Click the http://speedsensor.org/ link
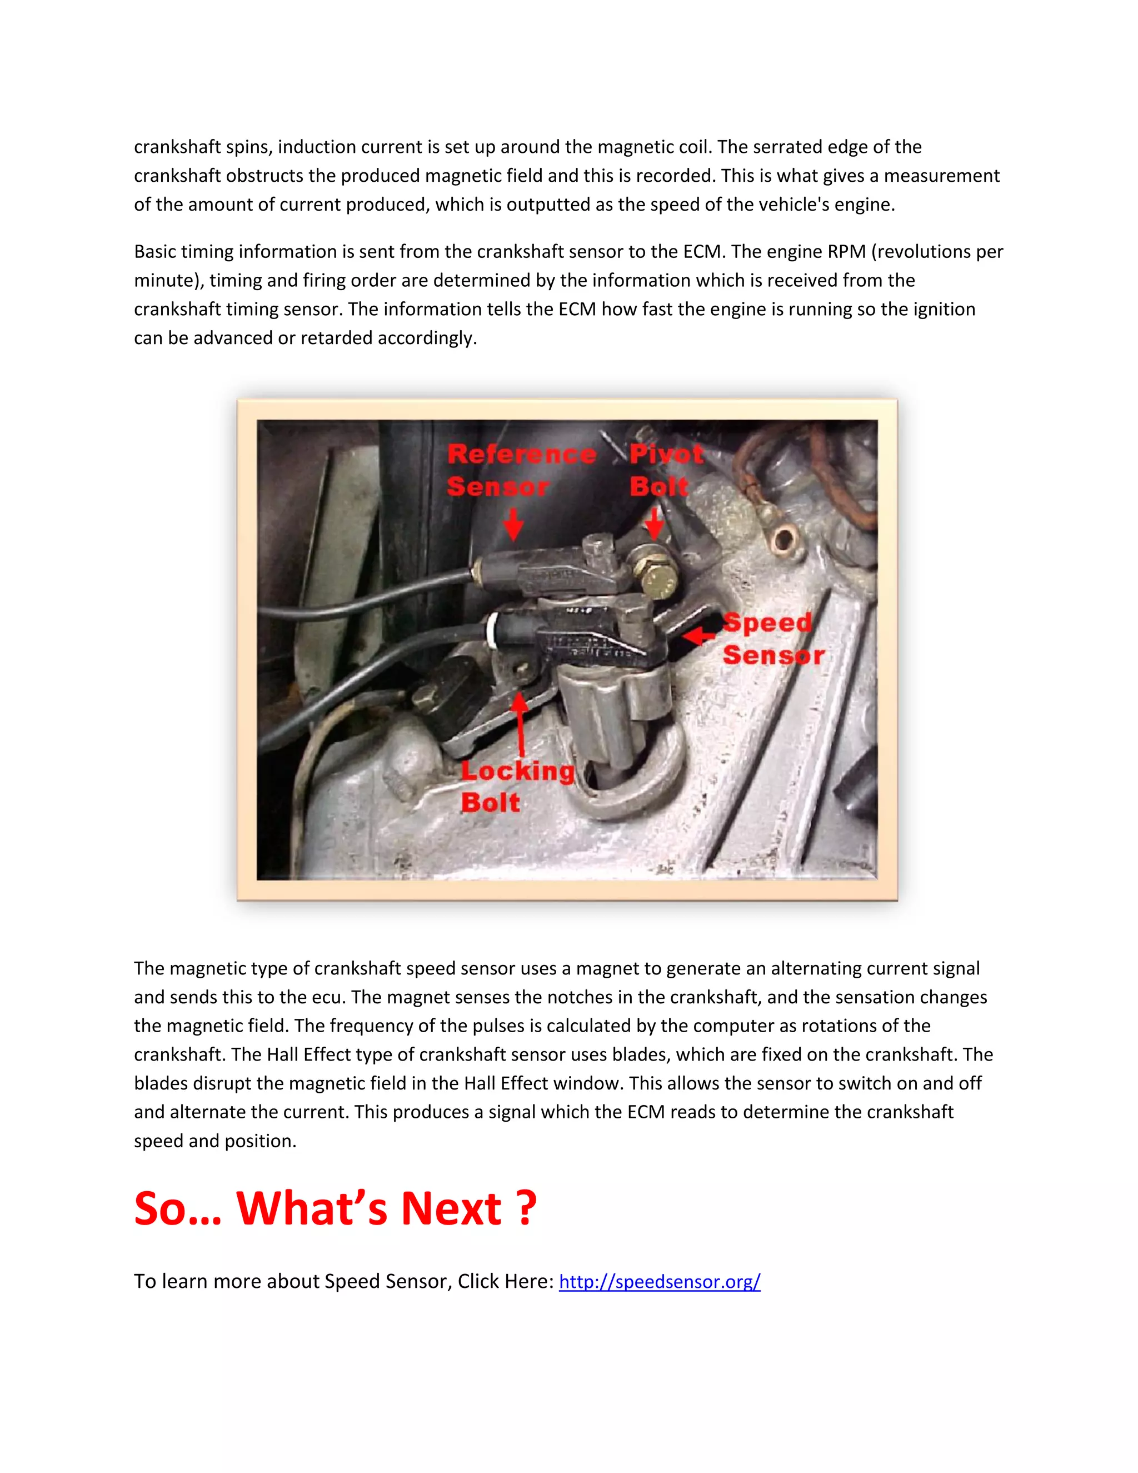click(660, 1281)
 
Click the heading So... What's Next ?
click(335, 1208)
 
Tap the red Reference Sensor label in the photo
click(521, 470)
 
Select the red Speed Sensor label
click(773, 639)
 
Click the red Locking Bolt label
click(517, 787)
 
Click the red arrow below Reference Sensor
click(514, 524)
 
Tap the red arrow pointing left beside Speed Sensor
click(698, 635)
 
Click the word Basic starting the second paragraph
click(154, 252)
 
